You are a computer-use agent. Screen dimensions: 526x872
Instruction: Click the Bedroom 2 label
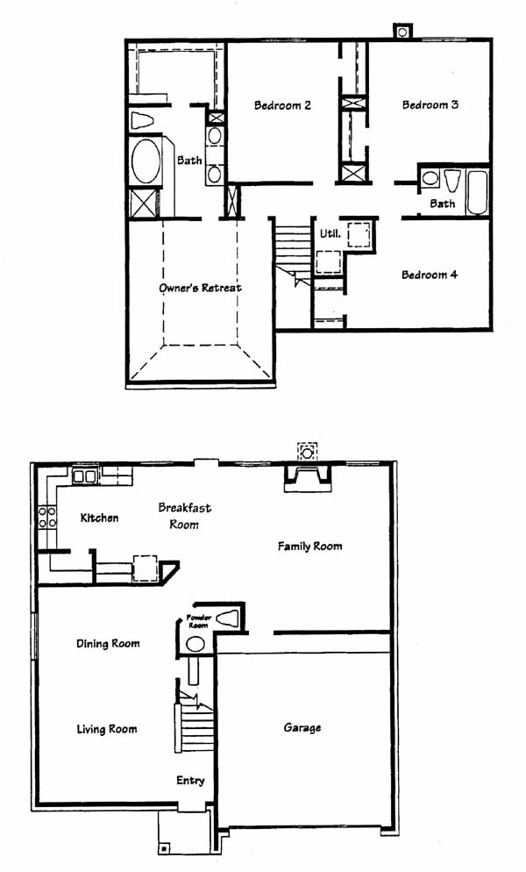[x=282, y=105]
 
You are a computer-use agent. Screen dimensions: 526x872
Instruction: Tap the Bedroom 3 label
[x=430, y=104]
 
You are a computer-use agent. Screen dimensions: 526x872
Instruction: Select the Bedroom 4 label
[x=430, y=275]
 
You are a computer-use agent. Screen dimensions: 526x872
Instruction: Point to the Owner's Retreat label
[x=200, y=288]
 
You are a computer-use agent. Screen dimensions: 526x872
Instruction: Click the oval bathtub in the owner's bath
[x=146, y=161]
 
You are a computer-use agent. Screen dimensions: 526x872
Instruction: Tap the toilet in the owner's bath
[x=143, y=120]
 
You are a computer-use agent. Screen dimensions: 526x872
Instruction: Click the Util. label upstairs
[x=330, y=234]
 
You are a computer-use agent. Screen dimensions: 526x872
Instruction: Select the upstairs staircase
[x=293, y=250]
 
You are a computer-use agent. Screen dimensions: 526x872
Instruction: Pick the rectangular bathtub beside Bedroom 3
[x=478, y=192]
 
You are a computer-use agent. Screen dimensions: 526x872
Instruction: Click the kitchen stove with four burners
[x=46, y=518]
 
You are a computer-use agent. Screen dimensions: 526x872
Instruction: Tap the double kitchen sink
[x=85, y=476]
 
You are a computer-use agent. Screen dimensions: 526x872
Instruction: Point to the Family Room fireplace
[x=308, y=478]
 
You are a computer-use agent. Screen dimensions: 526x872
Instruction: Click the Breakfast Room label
[x=185, y=516]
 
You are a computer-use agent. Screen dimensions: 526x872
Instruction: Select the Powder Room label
[x=198, y=621]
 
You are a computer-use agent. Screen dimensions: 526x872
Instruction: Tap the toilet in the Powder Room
[x=227, y=618]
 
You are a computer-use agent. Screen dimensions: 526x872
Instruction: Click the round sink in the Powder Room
[x=195, y=643]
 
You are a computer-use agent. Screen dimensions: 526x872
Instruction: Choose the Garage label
[x=302, y=727]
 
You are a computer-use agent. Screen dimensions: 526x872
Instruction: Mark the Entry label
[x=190, y=781]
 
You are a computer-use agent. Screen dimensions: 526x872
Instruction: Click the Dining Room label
[x=108, y=643]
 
